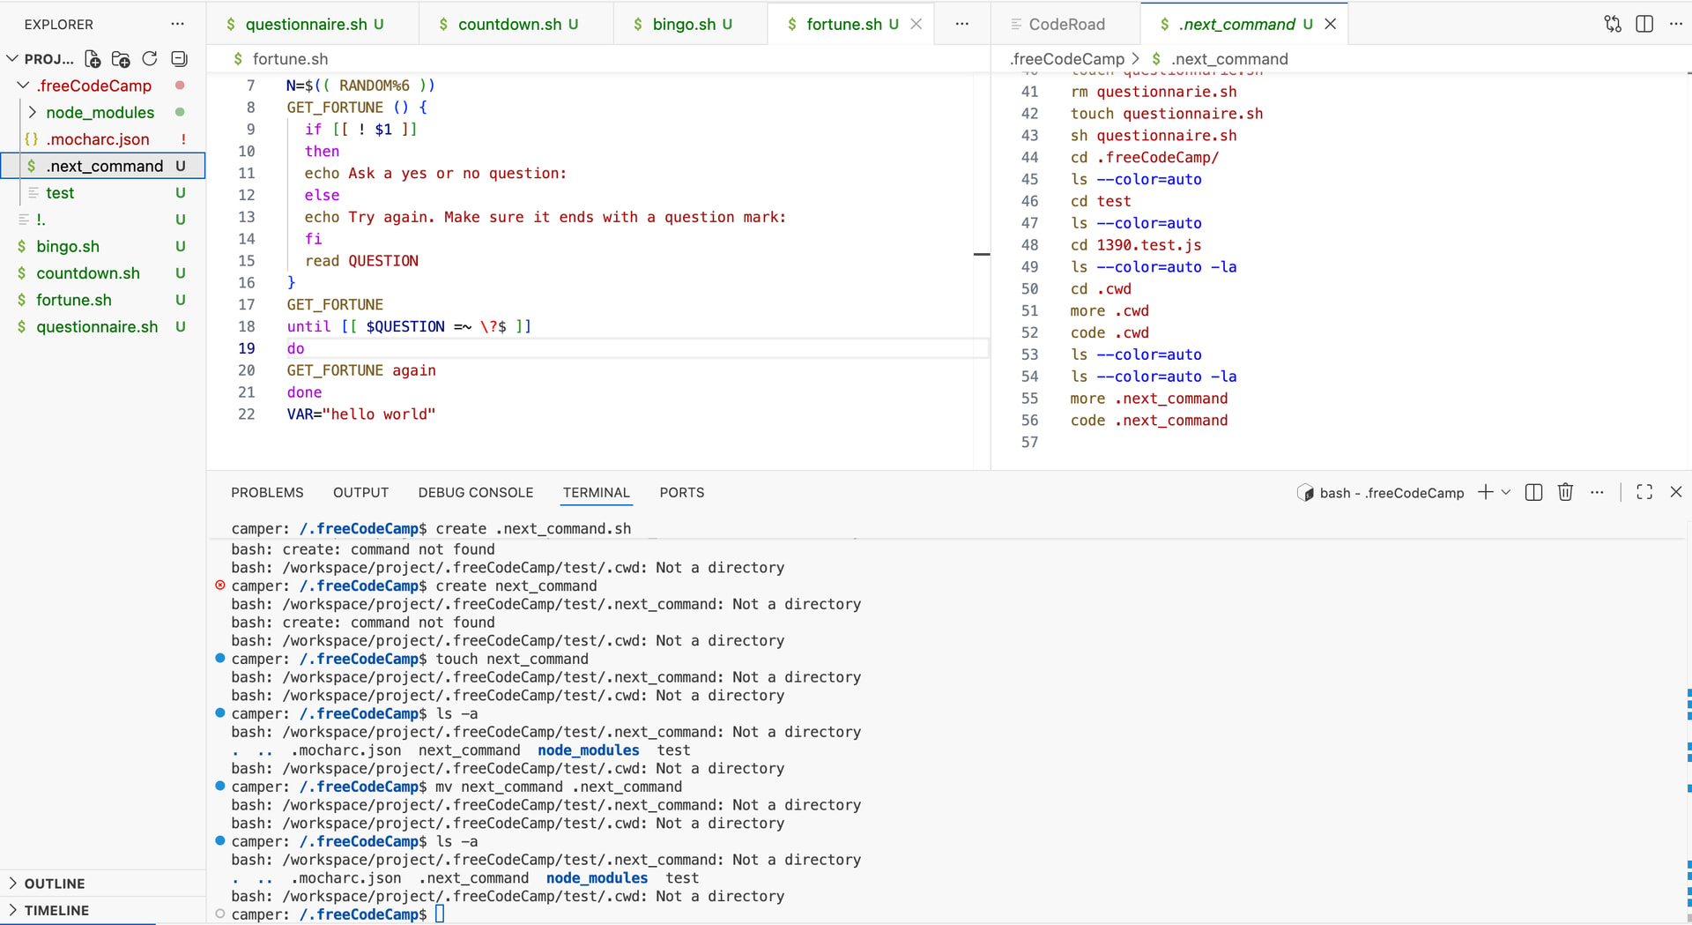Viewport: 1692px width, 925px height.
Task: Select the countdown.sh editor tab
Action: [509, 25]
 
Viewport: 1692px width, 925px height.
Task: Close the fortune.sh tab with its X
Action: [916, 25]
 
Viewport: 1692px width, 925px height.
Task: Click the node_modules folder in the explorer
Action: [100, 113]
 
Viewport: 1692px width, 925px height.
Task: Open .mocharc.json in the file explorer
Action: [97, 139]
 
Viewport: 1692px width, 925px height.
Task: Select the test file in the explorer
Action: [60, 193]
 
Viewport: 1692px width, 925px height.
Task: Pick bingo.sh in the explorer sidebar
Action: [68, 247]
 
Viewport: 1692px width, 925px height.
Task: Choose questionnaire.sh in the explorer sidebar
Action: [97, 327]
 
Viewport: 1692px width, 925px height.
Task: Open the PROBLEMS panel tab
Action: [267, 493]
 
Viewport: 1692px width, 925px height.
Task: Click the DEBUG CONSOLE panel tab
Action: [476, 493]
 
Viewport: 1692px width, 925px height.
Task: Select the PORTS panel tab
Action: [682, 493]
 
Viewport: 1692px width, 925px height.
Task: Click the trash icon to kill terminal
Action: [1565, 492]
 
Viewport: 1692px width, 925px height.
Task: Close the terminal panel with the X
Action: [1676, 492]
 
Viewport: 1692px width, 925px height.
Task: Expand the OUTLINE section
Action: [55, 884]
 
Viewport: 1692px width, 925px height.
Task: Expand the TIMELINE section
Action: [56, 910]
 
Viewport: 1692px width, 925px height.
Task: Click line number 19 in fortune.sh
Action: [247, 348]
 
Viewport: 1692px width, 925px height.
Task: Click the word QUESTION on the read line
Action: [383, 261]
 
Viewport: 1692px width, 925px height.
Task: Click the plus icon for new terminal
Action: [1486, 492]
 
